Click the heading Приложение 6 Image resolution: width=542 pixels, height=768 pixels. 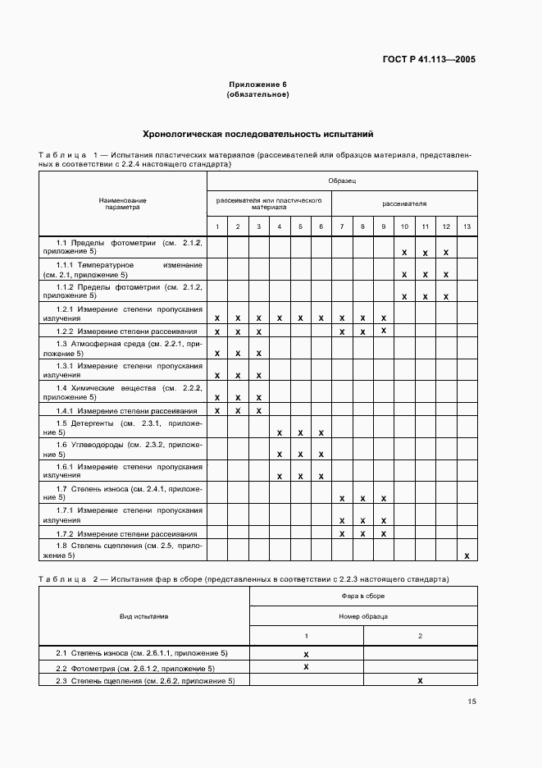click(257, 85)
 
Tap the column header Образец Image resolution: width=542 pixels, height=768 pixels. click(342, 180)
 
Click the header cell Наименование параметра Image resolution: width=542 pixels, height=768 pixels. click(123, 203)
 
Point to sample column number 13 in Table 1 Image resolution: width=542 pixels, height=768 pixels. click(467, 226)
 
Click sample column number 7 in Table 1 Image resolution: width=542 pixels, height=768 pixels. click(342, 226)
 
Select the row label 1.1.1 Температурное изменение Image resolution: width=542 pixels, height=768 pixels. click(123, 270)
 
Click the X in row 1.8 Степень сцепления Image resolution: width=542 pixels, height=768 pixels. click(467, 555)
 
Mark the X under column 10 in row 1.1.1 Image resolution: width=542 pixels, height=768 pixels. click(404, 274)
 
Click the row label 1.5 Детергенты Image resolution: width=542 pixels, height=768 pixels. click(123, 427)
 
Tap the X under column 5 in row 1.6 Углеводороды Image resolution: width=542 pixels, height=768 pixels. click(300, 454)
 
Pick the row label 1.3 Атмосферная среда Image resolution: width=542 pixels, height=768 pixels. click(123, 347)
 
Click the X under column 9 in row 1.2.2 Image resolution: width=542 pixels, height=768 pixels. click(383, 330)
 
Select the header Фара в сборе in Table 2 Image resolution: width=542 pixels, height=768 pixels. click(363, 596)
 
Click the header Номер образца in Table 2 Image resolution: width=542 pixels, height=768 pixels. click(363, 615)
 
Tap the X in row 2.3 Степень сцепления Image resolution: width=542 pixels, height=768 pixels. click(420, 680)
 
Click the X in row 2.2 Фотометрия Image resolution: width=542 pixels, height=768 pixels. click(306, 667)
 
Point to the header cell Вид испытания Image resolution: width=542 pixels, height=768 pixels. click(144, 615)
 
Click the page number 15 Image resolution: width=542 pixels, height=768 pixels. click(471, 702)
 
